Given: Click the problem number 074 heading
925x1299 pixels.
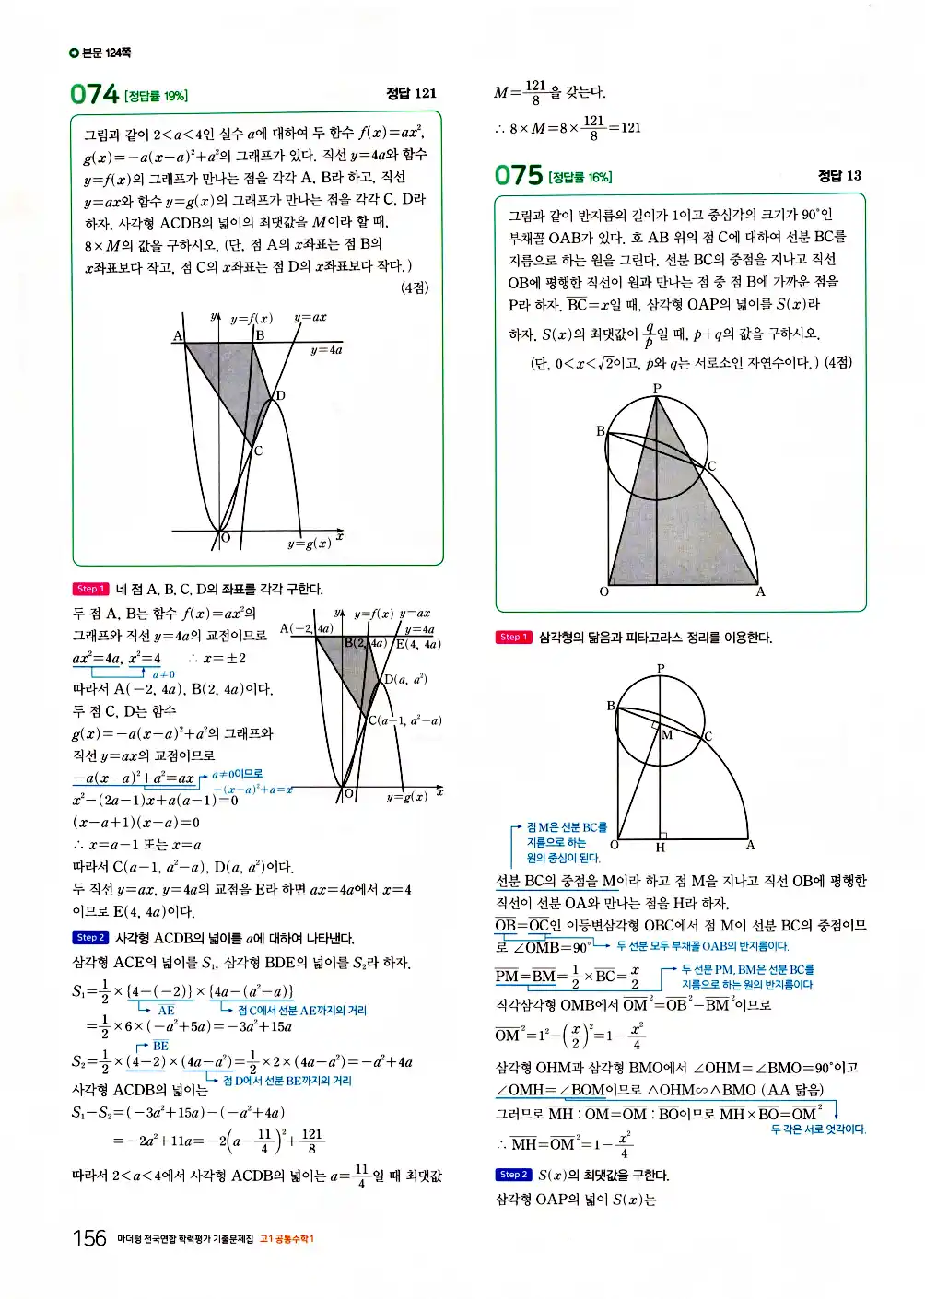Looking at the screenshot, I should [95, 94].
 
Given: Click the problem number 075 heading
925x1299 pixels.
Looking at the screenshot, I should [519, 175].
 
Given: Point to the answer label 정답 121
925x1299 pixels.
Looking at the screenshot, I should [411, 93].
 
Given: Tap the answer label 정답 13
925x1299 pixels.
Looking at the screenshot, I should [839, 175].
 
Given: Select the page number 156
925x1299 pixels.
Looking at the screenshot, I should [89, 1237].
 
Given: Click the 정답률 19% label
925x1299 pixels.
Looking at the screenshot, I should [156, 96].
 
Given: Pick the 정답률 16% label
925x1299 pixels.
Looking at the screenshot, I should [580, 177].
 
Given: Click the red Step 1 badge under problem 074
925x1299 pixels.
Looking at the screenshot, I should [90, 589].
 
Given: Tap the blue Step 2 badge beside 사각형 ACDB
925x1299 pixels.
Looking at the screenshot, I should [90, 938].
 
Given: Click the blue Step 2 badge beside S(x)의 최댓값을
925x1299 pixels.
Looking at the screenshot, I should [513, 1175].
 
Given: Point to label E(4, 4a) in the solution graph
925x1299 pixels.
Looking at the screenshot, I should [418, 644].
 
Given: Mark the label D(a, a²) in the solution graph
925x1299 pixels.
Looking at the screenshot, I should [405, 679].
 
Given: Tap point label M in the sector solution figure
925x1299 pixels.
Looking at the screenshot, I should [667, 734].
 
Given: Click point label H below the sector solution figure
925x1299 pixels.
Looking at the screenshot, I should [660, 848].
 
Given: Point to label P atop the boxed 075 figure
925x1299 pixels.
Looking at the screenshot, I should [657, 388].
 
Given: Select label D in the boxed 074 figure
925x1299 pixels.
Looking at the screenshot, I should [281, 395].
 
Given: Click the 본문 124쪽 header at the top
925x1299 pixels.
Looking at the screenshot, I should [100, 53].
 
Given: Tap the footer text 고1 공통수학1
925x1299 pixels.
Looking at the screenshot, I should [287, 1239].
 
